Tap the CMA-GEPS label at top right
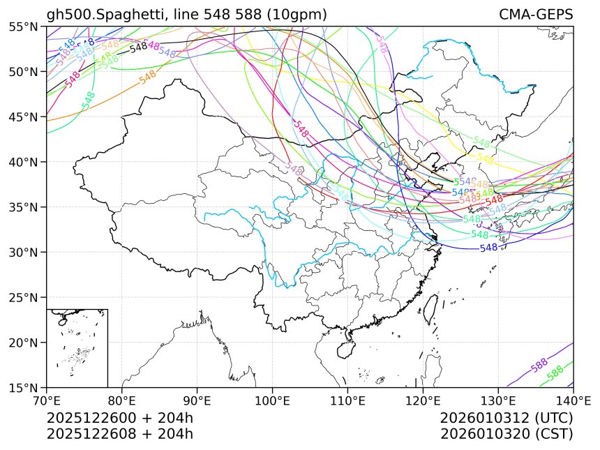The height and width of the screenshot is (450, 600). point(536,15)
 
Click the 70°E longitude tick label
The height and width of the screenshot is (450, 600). point(47,400)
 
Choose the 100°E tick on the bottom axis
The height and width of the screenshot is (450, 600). point(272,400)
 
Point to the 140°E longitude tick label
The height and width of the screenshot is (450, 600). point(572,400)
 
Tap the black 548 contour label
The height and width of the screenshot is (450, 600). point(139,47)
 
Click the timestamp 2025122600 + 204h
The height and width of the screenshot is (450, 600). point(119,419)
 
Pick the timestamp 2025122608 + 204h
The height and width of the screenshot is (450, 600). point(119,433)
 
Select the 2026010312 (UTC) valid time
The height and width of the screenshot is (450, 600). point(507,419)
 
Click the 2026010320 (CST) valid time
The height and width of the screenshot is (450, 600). point(507,433)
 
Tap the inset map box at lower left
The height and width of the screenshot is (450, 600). point(77,347)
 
